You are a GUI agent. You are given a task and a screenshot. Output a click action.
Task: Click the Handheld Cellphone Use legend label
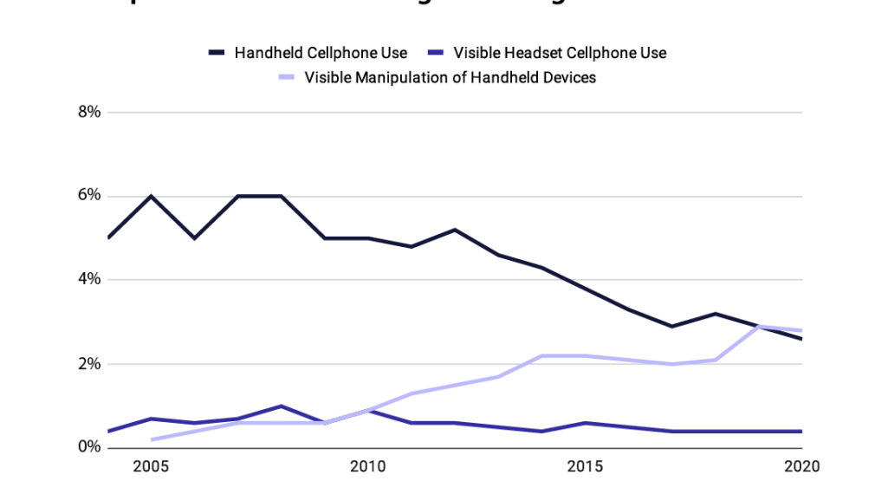tap(321, 53)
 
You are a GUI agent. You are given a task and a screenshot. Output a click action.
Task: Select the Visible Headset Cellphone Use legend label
tap(560, 53)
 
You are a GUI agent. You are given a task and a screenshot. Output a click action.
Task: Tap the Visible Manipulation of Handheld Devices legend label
tap(450, 78)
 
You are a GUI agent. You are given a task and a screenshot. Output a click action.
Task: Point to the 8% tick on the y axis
tap(89, 112)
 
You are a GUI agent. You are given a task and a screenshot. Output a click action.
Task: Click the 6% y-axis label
tap(89, 196)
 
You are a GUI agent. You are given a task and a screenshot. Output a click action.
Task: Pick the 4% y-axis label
tap(89, 280)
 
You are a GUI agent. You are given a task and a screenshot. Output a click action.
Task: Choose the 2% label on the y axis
tap(89, 364)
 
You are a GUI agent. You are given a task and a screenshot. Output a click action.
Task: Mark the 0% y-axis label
tap(89, 447)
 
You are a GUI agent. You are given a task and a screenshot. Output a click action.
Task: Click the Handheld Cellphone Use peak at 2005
tap(152, 196)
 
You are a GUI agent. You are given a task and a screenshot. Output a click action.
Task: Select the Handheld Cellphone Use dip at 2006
tap(195, 237)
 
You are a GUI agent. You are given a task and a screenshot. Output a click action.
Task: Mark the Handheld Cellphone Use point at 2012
tap(455, 230)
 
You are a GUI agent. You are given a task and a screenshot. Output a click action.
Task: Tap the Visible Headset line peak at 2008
tap(282, 406)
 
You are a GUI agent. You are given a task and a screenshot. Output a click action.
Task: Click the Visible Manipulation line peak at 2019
tap(759, 327)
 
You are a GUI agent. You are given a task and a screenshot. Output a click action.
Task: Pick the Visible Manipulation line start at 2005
tap(152, 439)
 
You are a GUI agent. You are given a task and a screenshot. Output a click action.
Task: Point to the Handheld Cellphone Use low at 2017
tap(672, 326)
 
